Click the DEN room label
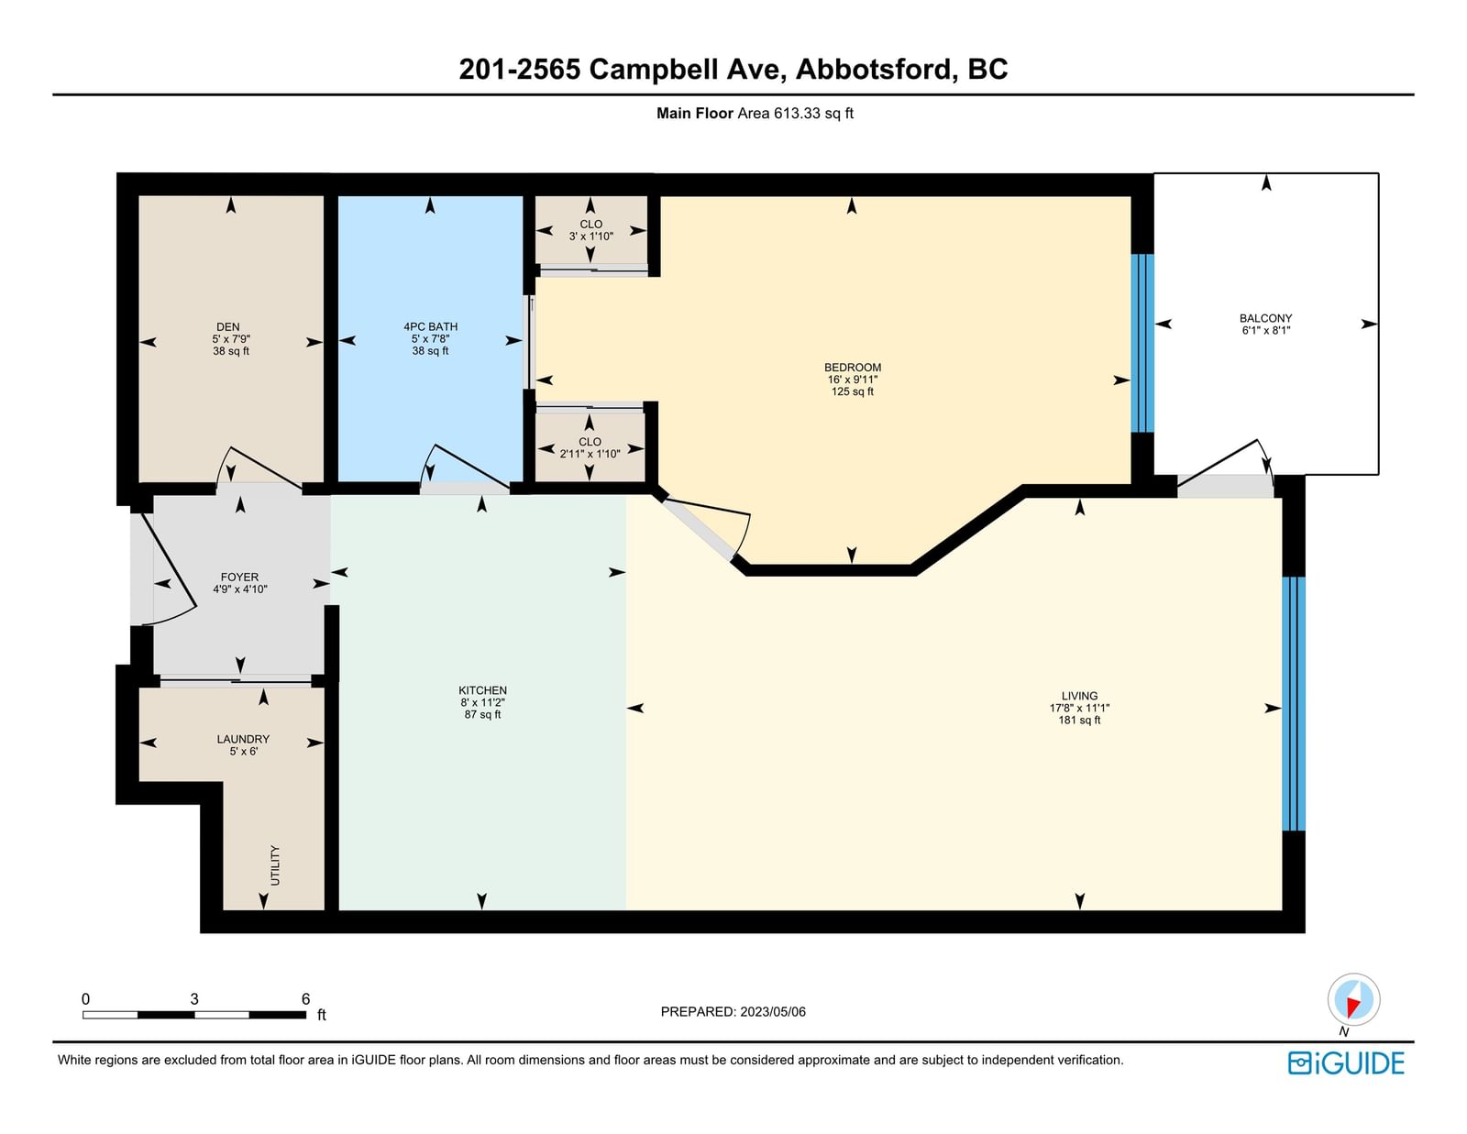coord(228,326)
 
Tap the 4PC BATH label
coord(430,326)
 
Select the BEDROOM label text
coord(853,368)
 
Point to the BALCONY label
coord(1266,318)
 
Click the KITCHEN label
coord(482,690)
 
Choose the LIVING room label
coord(1079,695)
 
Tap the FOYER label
coord(239,577)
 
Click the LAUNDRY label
coord(243,739)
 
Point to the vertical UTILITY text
coord(275,865)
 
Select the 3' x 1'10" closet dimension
coord(590,237)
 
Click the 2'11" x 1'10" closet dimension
coord(590,454)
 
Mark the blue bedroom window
coord(1142,343)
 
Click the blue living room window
coord(1294,704)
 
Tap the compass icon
coord(1353,999)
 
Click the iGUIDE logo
coord(1346,1063)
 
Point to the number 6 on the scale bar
coord(306,998)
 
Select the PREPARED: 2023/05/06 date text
coord(733,1011)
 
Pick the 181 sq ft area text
coord(1079,720)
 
